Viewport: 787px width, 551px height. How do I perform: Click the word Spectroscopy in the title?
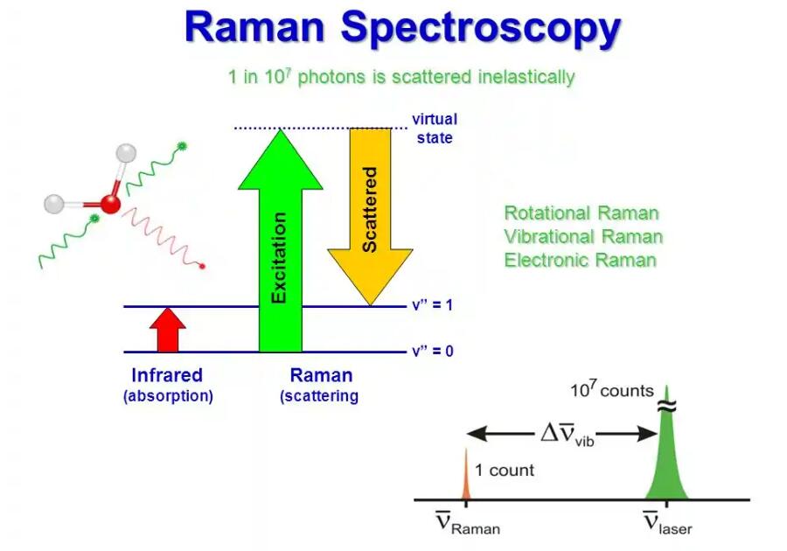coord(481,29)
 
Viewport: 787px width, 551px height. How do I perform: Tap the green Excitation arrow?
coord(280,241)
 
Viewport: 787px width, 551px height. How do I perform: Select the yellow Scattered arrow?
coord(371,217)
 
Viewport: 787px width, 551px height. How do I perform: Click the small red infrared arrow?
coord(168,330)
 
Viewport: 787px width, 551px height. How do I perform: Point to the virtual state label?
coord(435,129)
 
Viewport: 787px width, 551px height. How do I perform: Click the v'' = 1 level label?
coord(433,305)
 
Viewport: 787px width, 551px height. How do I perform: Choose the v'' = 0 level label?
coord(433,351)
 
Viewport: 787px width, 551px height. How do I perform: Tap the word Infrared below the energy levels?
coord(167,375)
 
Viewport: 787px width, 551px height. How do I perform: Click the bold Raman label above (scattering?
coord(321,375)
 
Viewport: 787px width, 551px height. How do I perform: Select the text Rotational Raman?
coord(582,213)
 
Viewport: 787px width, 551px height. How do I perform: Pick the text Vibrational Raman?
coord(583,237)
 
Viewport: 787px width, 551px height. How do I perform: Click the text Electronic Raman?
coord(581,261)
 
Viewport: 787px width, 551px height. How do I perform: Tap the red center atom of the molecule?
coord(110,205)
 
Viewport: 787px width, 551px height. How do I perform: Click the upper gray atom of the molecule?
coord(126,153)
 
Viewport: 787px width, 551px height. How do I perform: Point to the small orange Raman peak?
coord(466,475)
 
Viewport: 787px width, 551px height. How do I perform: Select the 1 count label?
coord(505,471)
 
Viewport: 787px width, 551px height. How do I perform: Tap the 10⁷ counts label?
coord(612,389)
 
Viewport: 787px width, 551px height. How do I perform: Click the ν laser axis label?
coord(667,522)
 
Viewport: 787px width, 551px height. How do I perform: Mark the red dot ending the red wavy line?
coord(202,266)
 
